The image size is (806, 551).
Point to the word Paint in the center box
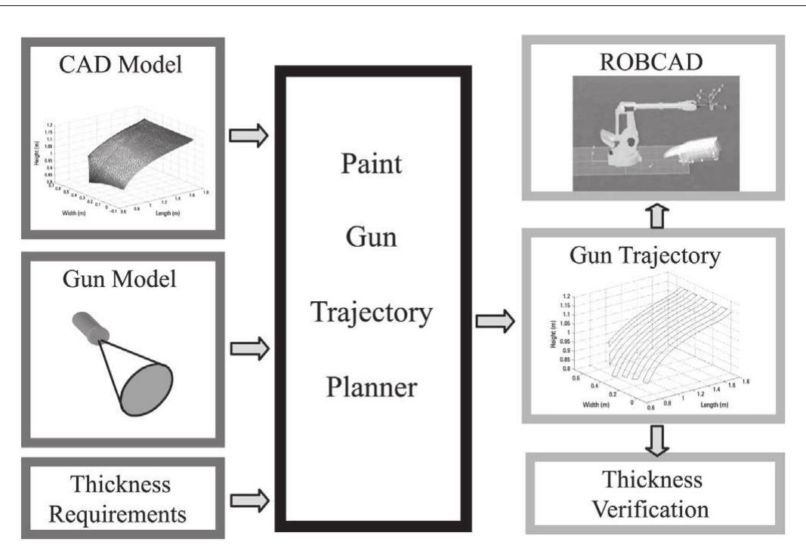point(371,163)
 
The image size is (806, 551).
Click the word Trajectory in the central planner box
point(371,311)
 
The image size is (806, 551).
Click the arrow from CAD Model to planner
point(248,137)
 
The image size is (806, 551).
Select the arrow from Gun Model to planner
point(248,349)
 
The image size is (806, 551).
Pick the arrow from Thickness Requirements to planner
point(248,498)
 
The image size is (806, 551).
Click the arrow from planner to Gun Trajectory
point(496,323)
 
